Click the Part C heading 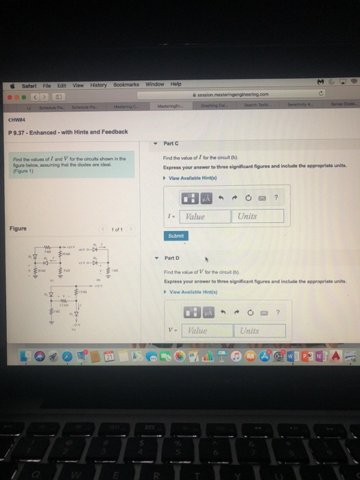click(x=172, y=143)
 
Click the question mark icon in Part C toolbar click(x=276, y=198)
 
